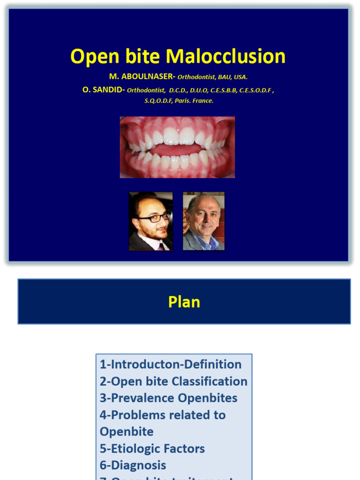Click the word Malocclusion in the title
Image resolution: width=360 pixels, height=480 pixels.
(x=225, y=57)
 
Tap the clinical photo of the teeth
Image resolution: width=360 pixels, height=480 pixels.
(x=177, y=147)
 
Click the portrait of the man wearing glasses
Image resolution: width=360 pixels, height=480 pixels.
(x=151, y=221)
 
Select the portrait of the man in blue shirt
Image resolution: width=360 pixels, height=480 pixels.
(x=203, y=221)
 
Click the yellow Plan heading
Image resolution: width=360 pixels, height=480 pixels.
(x=184, y=302)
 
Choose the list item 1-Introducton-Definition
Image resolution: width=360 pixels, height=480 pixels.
(x=171, y=364)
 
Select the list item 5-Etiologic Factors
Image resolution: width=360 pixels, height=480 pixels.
(x=152, y=449)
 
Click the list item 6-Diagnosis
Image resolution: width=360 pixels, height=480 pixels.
(x=133, y=465)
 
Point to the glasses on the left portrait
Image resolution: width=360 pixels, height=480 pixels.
(x=154, y=217)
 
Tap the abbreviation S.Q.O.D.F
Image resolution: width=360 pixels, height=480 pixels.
(x=158, y=101)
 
